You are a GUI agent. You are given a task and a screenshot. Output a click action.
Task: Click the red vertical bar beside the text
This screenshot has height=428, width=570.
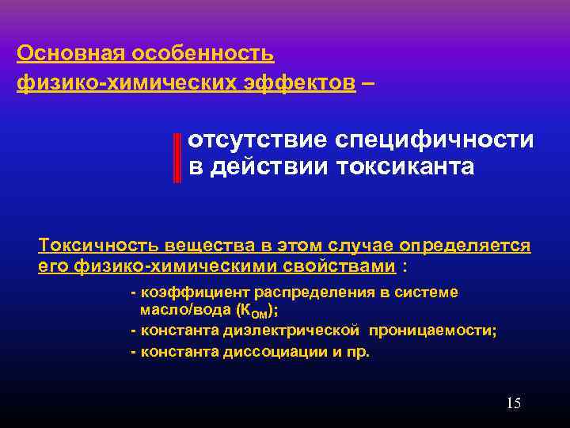click(x=177, y=156)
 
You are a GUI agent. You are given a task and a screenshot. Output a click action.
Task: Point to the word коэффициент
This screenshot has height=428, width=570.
click(x=181, y=292)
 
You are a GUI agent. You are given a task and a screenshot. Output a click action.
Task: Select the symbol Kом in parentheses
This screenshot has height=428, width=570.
click(x=256, y=311)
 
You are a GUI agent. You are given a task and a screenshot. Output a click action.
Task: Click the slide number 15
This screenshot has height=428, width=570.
click(x=513, y=404)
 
